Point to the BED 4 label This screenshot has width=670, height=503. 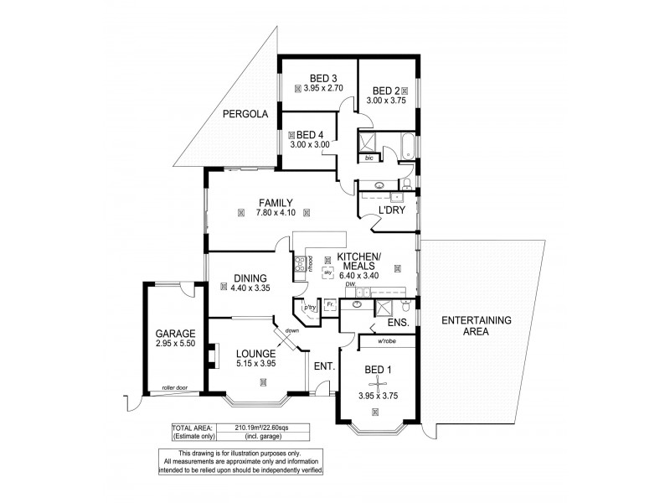coord(310,134)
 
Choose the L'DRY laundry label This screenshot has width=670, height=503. coord(392,210)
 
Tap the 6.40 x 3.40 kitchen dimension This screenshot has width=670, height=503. coord(358,275)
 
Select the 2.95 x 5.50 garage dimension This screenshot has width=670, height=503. coord(175,343)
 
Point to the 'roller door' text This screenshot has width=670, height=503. coord(175,387)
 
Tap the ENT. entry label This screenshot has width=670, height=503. coord(324,366)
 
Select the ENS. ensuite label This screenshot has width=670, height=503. coord(398,322)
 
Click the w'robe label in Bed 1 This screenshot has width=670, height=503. coord(386,341)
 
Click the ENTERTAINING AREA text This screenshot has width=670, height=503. coord(476,325)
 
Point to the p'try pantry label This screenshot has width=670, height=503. coord(310,308)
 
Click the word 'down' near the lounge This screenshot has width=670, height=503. coord(291,330)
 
